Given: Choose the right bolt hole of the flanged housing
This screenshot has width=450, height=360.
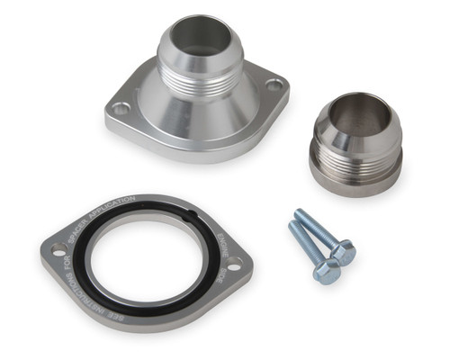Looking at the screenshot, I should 274,85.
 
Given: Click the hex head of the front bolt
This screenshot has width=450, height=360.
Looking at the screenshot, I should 328,273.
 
